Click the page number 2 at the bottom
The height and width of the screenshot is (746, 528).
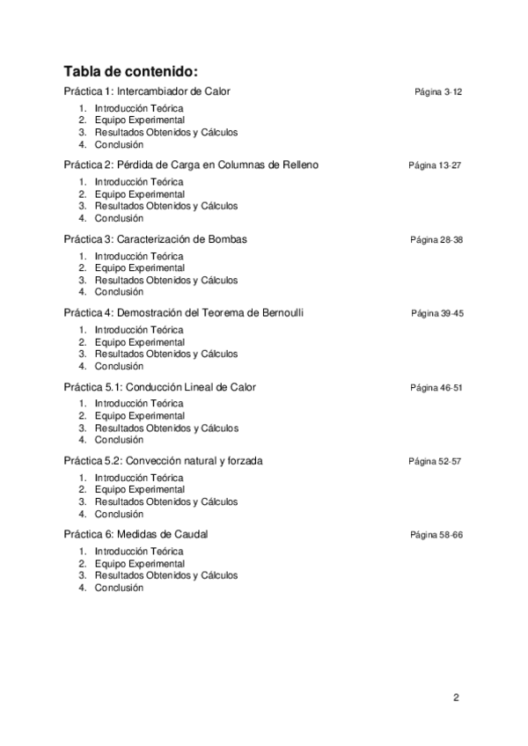point(456,698)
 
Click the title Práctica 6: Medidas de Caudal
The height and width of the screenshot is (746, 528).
point(136,535)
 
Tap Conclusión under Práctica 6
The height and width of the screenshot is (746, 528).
point(119,588)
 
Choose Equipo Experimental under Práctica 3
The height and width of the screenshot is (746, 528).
point(140,267)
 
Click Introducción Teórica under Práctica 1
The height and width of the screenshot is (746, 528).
point(139,108)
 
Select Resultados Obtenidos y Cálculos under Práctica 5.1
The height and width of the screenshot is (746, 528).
point(166,428)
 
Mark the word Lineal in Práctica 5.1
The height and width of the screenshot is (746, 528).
point(199,387)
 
